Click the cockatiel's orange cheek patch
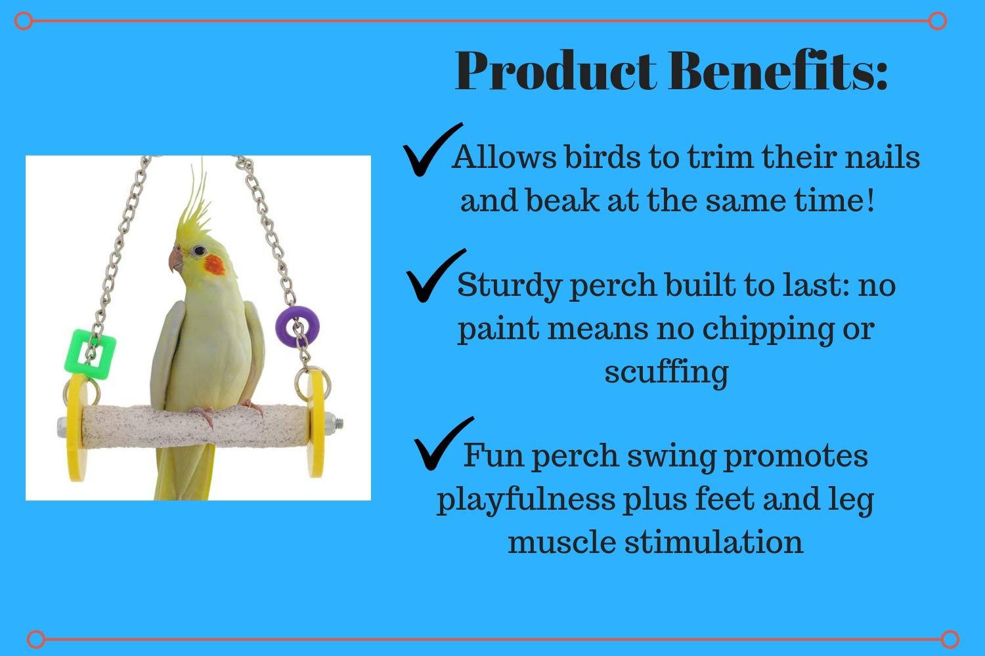(215, 265)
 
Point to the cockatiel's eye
(199, 251)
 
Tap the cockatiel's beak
(175, 259)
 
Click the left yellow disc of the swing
(76, 427)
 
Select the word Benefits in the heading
(777, 71)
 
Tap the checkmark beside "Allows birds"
(431, 150)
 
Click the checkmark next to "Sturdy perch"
(435, 276)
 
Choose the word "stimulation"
(714, 542)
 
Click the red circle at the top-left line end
(23, 20)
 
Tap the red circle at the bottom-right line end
(950, 640)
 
